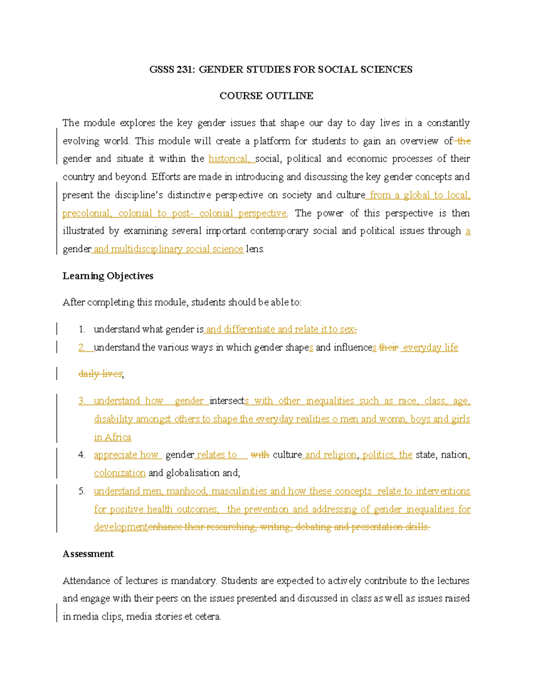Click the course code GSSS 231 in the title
(171, 69)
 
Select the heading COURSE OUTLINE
(266, 96)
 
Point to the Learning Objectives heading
(107, 276)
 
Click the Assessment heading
(88, 554)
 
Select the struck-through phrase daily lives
(100, 374)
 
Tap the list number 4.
(81, 455)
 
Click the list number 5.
(81, 491)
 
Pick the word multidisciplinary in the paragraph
(147, 249)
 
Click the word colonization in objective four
(119, 473)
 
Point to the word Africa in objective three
(118, 437)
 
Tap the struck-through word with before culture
(260, 455)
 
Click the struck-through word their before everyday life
(389, 347)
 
